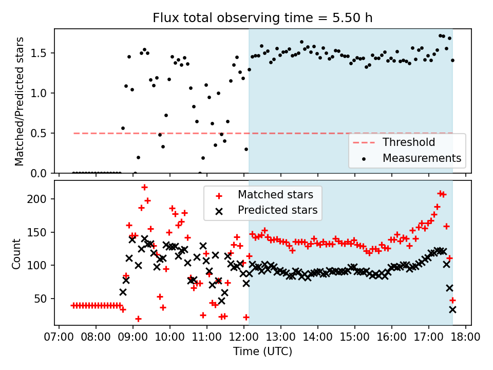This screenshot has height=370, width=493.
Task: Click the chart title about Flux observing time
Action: [x=262, y=18]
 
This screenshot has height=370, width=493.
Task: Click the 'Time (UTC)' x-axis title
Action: [x=262, y=352]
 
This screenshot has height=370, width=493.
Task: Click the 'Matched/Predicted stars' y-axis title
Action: [x=20, y=101]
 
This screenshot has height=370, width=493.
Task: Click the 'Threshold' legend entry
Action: [x=409, y=142]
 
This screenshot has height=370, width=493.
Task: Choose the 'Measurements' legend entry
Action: [x=422, y=158]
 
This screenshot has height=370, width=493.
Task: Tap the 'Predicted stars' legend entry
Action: [x=277, y=210]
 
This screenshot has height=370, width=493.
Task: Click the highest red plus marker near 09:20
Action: [x=144, y=188]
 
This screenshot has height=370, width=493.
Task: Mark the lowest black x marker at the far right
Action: [x=452, y=309]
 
